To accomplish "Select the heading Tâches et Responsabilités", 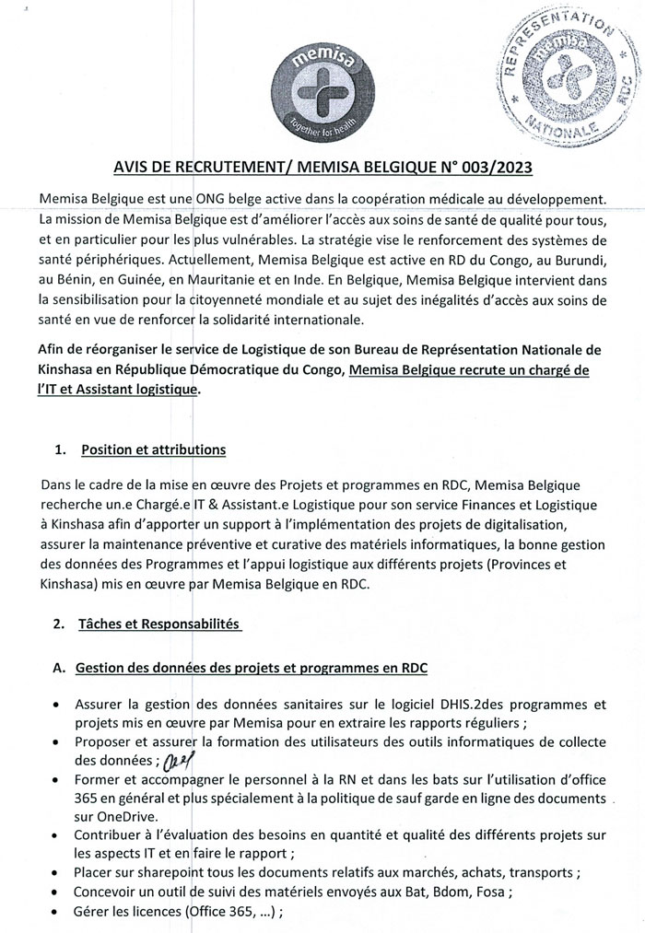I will click(x=159, y=624).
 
